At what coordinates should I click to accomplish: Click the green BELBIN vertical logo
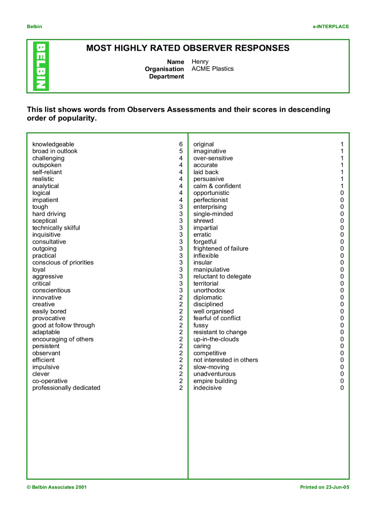[x=41, y=66]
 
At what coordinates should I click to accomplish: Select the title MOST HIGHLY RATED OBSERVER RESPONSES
[x=188, y=48]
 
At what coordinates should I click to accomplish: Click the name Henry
[x=200, y=61]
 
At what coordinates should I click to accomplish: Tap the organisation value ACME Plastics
[x=213, y=69]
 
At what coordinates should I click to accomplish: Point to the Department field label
[x=166, y=76]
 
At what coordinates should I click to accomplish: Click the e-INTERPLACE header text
[x=330, y=27]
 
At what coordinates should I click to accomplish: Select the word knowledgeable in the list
[x=53, y=144]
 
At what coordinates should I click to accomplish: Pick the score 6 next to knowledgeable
[x=181, y=144]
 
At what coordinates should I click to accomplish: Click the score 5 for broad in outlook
[x=181, y=151]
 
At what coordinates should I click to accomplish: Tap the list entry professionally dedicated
[x=66, y=388]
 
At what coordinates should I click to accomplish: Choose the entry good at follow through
[x=63, y=325]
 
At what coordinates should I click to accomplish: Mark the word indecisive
[x=207, y=388]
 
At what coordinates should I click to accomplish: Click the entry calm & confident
[x=217, y=186]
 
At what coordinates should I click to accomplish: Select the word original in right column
[x=203, y=144]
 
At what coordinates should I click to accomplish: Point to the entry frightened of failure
[x=221, y=249]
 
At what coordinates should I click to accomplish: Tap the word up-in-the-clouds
[x=216, y=339]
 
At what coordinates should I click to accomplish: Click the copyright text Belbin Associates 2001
[x=56, y=487]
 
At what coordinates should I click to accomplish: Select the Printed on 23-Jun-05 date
[x=324, y=487]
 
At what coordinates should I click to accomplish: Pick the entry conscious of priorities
[x=63, y=263]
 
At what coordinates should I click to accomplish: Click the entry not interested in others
[x=225, y=360]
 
